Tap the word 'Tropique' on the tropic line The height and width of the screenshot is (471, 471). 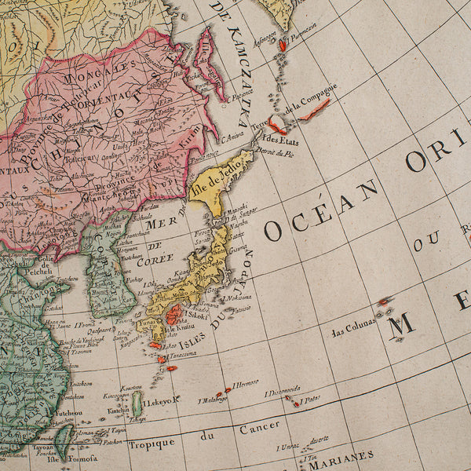(x=151, y=443)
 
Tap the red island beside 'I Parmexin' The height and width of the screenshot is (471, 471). (x=282, y=46)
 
